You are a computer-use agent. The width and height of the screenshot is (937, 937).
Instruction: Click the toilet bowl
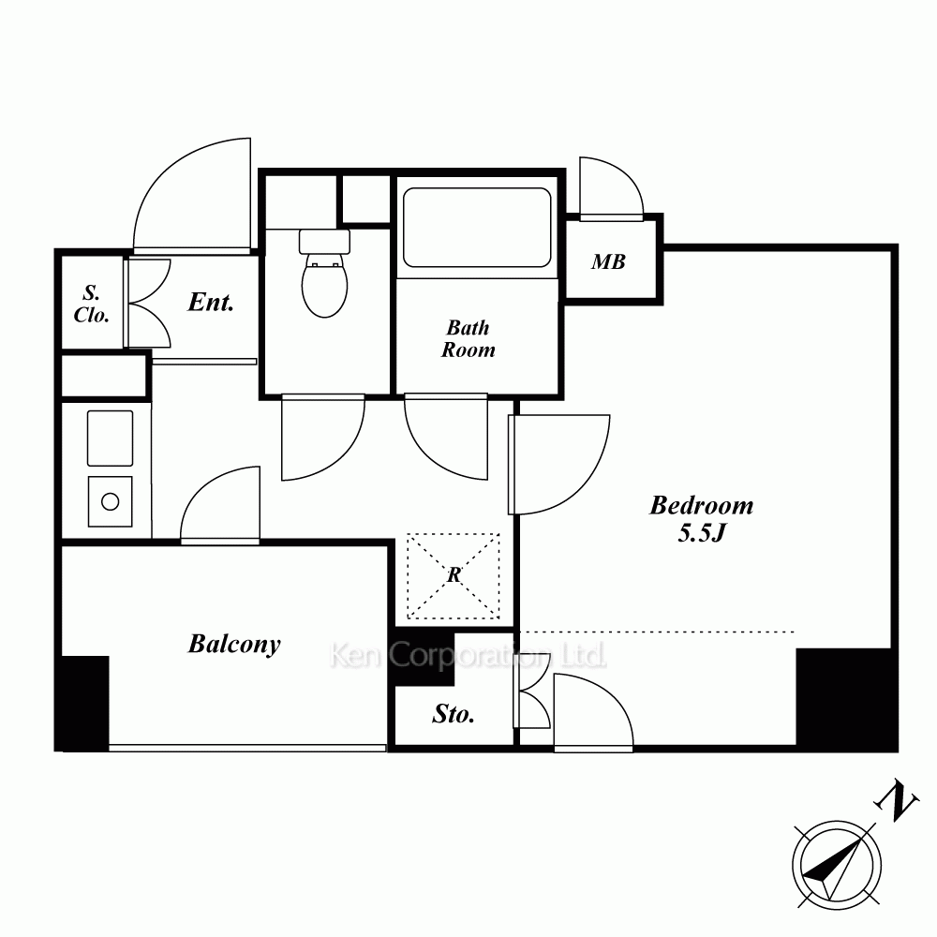pyautogui.click(x=324, y=285)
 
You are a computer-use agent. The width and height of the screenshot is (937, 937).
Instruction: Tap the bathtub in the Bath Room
pyautogui.click(x=477, y=227)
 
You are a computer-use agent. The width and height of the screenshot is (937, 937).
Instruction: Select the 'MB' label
pyautogui.click(x=608, y=261)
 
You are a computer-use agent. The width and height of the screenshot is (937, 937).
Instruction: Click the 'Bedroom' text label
pyautogui.click(x=702, y=506)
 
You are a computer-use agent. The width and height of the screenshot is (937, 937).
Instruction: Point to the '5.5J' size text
pyautogui.click(x=702, y=532)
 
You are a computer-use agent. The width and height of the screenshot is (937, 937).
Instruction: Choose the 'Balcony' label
pyautogui.click(x=234, y=645)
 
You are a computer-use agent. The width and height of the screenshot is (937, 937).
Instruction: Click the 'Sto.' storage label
pyautogui.click(x=454, y=713)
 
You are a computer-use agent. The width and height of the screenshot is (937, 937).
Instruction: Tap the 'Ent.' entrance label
pyautogui.click(x=210, y=302)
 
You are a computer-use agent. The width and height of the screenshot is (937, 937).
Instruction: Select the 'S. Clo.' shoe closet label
pyautogui.click(x=92, y=304)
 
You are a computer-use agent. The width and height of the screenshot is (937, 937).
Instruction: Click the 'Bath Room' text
pyautogui.click(x=468, y=338)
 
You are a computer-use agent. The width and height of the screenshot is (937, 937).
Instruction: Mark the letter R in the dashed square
pyautogui.click(x=454, y=574)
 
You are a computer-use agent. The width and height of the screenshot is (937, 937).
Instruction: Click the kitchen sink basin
pyautogui.click(x=110, y=438)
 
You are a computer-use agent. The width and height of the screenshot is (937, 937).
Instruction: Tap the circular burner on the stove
pyautogui.click(x=110, y=501)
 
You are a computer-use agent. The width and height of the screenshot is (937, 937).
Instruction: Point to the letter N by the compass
pyautogui.click(x=897, y=801)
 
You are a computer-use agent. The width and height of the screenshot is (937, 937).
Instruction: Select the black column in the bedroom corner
pyautogui.click(x=847, y=699)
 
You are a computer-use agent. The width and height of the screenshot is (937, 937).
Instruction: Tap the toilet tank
pyautogui.click(x=324, y=242)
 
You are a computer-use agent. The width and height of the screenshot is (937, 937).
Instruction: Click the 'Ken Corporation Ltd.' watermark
pyautogui.click(x=468, y=656)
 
